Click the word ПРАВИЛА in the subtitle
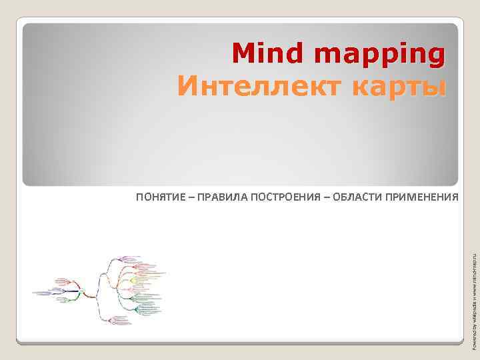click(222, 197)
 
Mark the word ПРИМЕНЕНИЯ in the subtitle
click(425, 197)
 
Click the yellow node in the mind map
click(133, 281)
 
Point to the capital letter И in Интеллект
click(187, 86)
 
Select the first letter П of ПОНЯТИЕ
click(139, 197)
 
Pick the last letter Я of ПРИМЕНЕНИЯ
click(456, 197)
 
